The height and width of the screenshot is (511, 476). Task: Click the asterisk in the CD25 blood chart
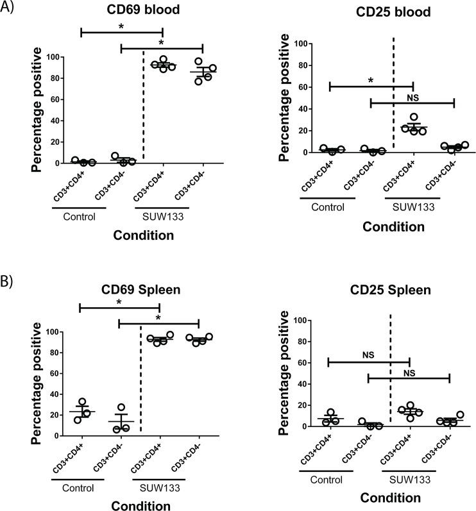pos(371,79)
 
